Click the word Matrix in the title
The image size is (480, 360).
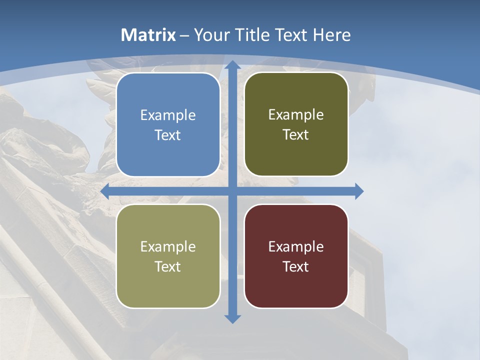[148, 35]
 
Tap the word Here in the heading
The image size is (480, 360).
[332, 35]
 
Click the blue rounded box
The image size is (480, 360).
[168, 125]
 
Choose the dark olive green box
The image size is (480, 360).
[296, 124]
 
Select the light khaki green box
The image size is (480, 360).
[168, 256]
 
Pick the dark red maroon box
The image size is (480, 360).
[296, 256]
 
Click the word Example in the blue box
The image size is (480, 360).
[168, 115]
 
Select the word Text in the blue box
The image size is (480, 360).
[168, 135]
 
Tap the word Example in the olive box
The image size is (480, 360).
[296, 115]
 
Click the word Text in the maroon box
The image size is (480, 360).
[296, 266]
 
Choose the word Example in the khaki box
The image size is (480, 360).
[168, 247]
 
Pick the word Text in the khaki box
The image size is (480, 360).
[168, 266]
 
